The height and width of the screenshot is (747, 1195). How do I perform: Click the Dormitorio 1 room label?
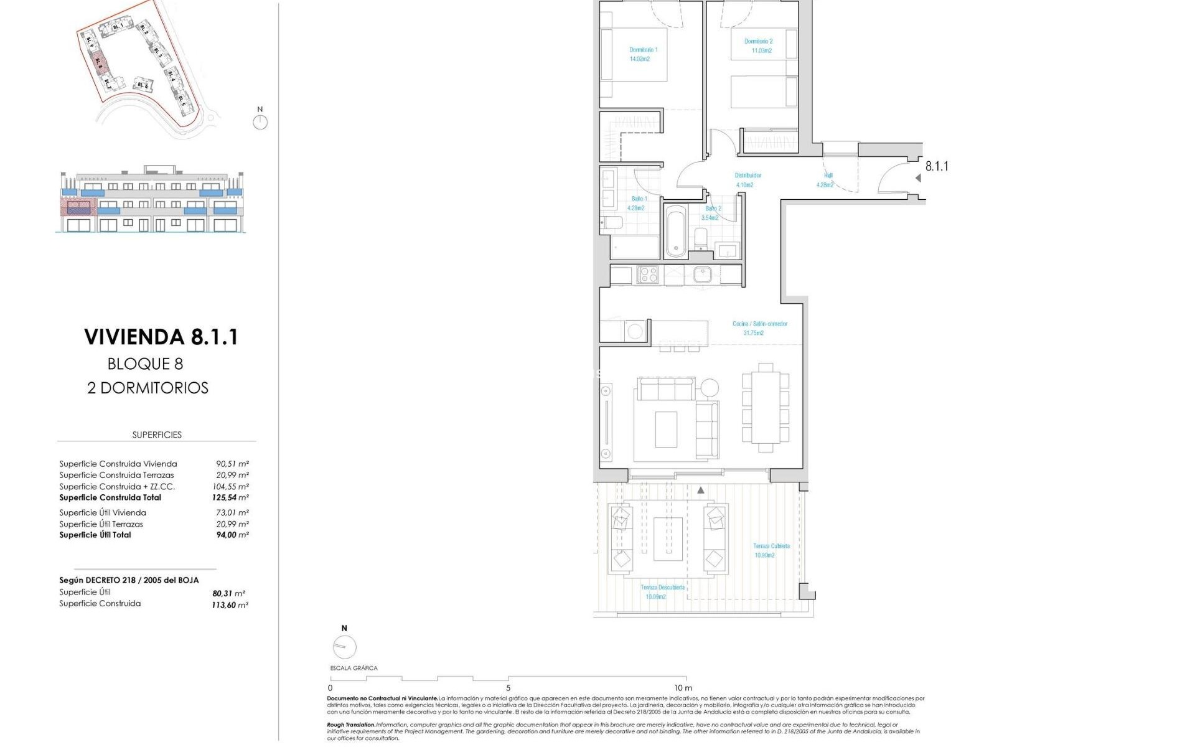click(643, 50)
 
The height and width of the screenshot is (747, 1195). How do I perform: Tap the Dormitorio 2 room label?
click(758, 42)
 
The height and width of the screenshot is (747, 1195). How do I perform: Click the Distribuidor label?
click(747, 176)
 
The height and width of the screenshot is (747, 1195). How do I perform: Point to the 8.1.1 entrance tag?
click(936, 166)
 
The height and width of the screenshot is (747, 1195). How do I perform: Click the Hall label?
click(827, 176)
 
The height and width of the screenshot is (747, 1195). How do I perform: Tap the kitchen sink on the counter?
click(703, 275)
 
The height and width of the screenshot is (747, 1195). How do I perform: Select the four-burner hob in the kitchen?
click(648, 275)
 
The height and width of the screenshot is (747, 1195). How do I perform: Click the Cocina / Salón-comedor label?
click(759, 324)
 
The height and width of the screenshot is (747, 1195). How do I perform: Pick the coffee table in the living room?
click(666, 429)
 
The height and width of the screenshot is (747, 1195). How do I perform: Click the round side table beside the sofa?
click(709, 388)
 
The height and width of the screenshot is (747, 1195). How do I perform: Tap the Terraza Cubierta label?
click(771, 546)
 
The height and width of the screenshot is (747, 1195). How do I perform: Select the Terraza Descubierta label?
click(663, 587)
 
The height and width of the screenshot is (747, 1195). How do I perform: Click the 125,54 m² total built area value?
click(230, 498)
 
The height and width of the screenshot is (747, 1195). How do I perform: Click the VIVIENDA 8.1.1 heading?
click(161, 337)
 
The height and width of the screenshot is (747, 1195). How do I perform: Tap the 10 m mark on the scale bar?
click(683, 688)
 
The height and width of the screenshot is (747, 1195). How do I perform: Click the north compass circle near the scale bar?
click(345, 647)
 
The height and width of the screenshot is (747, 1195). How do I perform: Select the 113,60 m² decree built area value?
click(230, 605)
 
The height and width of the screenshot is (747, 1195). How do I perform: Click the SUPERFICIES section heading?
click(157, 435)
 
